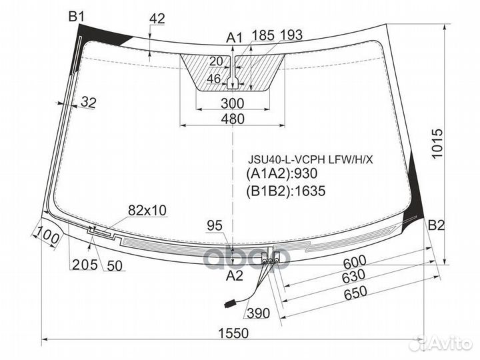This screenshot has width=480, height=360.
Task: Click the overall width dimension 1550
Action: tap(233, 333)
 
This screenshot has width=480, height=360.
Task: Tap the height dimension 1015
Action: tap(437, 143)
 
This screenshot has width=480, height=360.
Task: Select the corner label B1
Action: tap(76, 16)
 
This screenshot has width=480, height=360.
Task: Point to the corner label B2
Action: tap(436, 225)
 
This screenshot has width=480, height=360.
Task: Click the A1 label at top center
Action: tap(234, 38)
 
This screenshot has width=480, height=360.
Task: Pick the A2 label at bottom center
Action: tap(234, 276)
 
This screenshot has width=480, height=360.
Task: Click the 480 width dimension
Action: tap(233, 119)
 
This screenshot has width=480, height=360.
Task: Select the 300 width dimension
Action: tap(233, 103)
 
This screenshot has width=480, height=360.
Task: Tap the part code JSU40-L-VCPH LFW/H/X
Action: tap(311, 159)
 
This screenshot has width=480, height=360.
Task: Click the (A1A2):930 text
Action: tap(281, 173)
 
